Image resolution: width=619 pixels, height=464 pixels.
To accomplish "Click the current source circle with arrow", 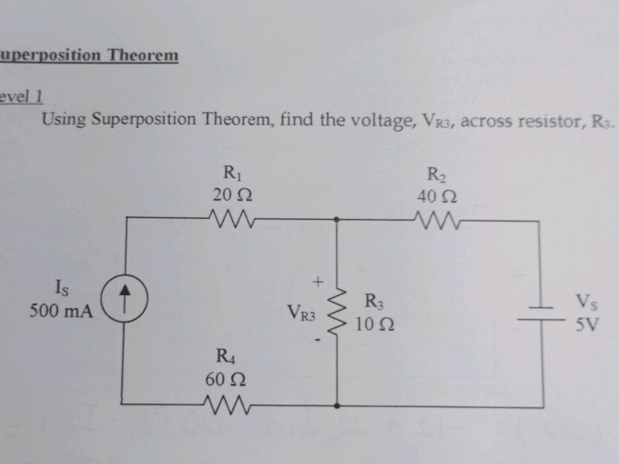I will pyautogui.click(x=126, y=299).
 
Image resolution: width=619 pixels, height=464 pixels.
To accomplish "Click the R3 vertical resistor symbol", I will pyautogui.click(x=337, y=313).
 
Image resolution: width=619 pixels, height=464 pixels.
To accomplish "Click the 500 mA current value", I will pyautogui.click(x=61, y=313).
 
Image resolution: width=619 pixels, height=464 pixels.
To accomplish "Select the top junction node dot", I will pyautogui.click(x=337, y=220).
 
